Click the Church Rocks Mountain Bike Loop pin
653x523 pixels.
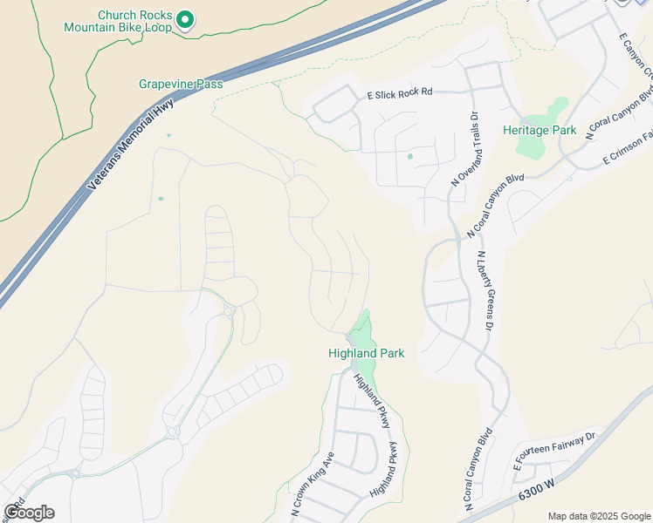pyautogui.click(x=185, y=19)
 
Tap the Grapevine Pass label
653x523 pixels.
pyautogui.click(x=181, y=85)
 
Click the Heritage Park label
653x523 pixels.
pyautogui.click(x=540, y=130)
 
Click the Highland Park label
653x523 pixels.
pyautogui.click(x=366, y=353)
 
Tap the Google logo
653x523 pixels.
pyautogui.click(x=29, y=513)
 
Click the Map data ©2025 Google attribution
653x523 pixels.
pyautogui.click(x=598, y=516)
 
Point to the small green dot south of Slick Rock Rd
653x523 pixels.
pyautogui.click(x=409, y=157)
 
